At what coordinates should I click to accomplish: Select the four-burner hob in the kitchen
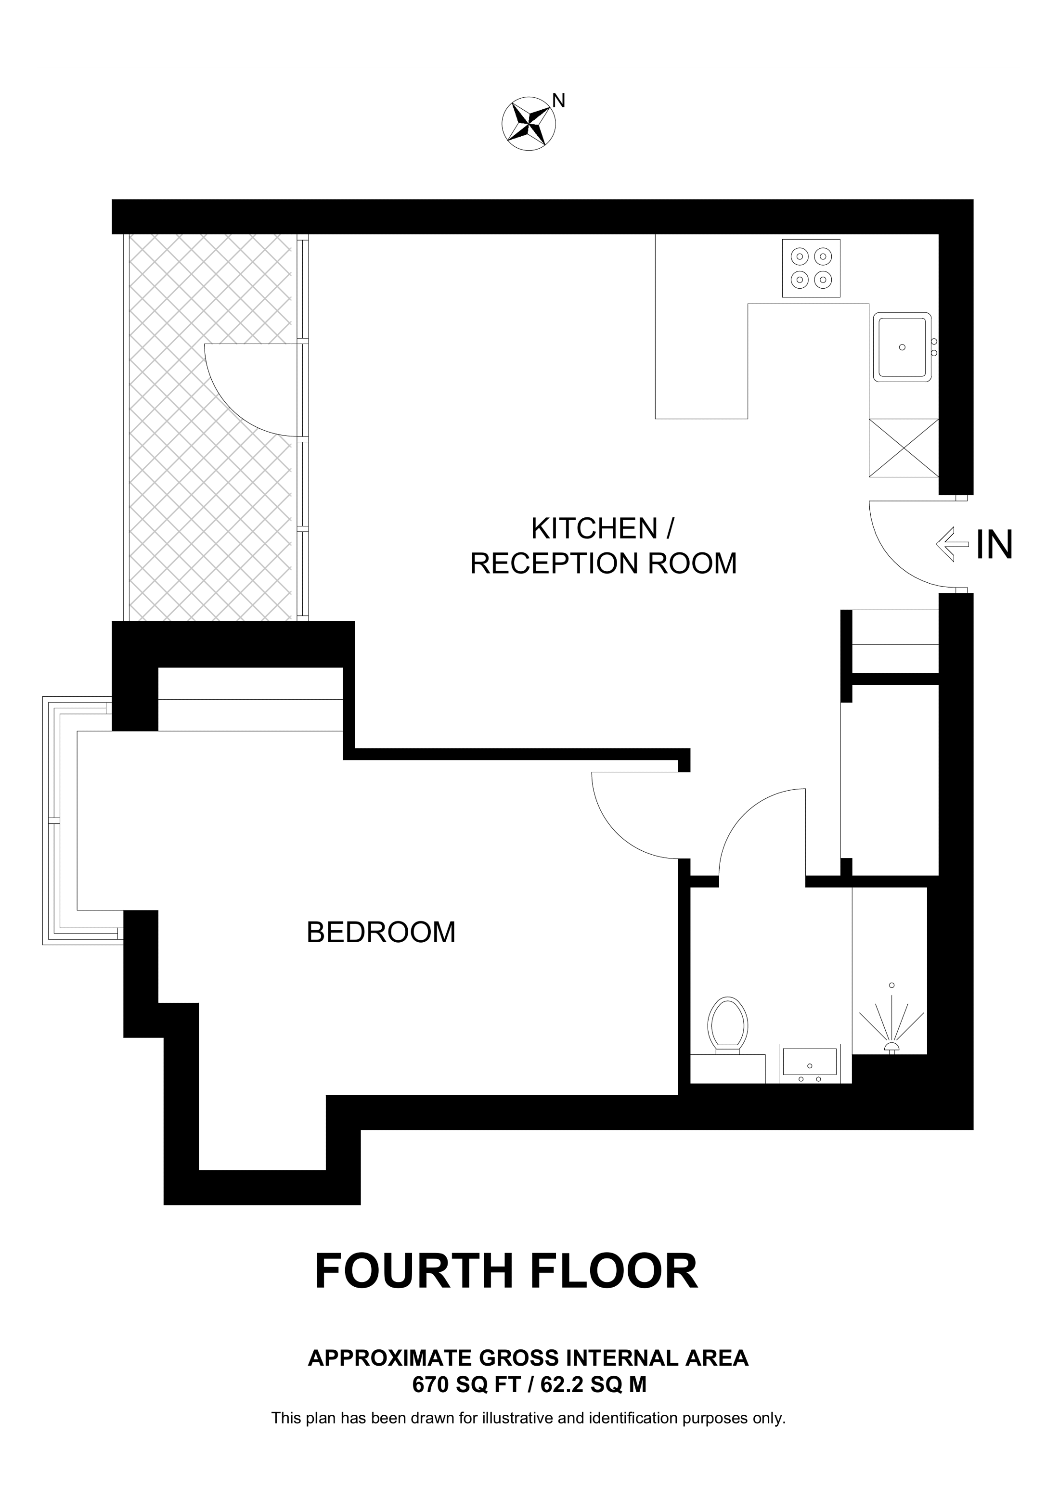coord(811,268)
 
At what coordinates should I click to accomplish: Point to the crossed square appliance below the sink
coord(903,448)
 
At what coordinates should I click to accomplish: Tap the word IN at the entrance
coord(993,545)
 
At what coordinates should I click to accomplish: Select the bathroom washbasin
coord(809,1062)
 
